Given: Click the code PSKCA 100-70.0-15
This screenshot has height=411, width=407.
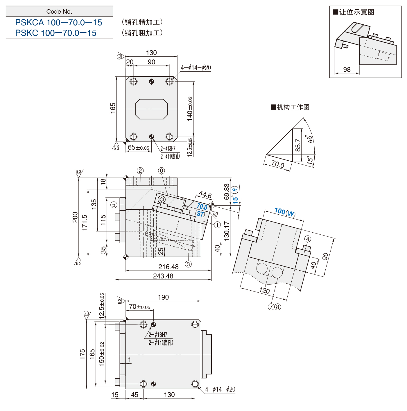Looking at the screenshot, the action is click(59, 22).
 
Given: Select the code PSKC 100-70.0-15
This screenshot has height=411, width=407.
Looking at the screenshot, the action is click(56, 33).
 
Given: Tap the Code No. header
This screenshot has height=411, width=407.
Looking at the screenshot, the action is click(59, 12).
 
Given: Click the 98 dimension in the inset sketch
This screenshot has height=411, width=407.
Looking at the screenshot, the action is click(347, 69).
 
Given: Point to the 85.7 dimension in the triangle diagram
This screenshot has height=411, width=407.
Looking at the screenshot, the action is click(298, 145).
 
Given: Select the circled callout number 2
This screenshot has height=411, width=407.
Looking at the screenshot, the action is click(140, 171).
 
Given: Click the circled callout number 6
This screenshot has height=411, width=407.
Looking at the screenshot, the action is click(161, 171).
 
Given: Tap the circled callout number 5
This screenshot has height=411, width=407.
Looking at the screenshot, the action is click(114, 205).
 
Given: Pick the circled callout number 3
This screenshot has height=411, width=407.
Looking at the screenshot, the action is click(188, 264).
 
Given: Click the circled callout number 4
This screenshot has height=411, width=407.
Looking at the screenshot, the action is click(308, 239).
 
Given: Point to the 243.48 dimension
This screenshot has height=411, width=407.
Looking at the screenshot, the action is click(163, 276).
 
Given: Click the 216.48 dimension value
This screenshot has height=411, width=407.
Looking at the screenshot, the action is click(168, 267).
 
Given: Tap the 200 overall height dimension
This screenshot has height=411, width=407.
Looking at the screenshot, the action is click(75, 217).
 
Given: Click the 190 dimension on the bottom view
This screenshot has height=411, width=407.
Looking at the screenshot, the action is click(163, 297).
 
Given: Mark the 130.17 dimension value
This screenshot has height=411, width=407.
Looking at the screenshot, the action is click(227, 231).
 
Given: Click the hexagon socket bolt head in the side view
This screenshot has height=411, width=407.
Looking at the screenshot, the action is click(162, 200).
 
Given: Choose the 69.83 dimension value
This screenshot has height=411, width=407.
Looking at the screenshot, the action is click(227, 191).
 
